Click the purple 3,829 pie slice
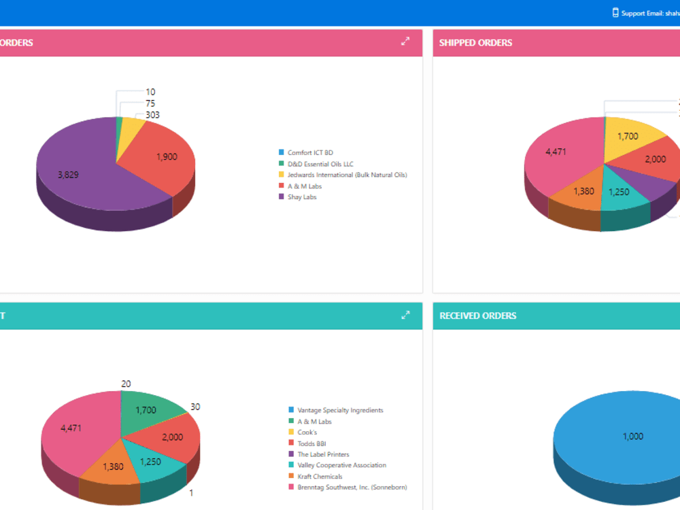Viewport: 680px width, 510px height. click(75, 170)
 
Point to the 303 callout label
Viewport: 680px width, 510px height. click(152, 115)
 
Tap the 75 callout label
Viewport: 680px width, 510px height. click(150, 103)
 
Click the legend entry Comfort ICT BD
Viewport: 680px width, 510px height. click(309, 153)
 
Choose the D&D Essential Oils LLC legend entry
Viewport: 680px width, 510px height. click(320, 164)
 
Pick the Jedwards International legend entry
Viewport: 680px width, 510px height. click(347, 175)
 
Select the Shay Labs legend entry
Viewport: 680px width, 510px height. click(302, 197)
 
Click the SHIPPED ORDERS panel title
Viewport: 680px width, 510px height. click(475, 43)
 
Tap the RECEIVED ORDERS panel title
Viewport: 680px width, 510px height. click(477, 316)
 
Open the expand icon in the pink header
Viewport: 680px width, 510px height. click(405, 41)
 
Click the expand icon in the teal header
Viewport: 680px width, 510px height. click(405, 315)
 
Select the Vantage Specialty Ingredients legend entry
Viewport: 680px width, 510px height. click(340, 411)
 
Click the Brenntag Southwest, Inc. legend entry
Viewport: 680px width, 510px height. click(352, 487)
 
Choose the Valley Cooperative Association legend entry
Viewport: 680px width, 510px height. click(341, 465)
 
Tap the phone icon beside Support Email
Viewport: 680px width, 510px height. click(615, 12)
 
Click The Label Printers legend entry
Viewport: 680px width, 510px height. click(323, 454)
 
